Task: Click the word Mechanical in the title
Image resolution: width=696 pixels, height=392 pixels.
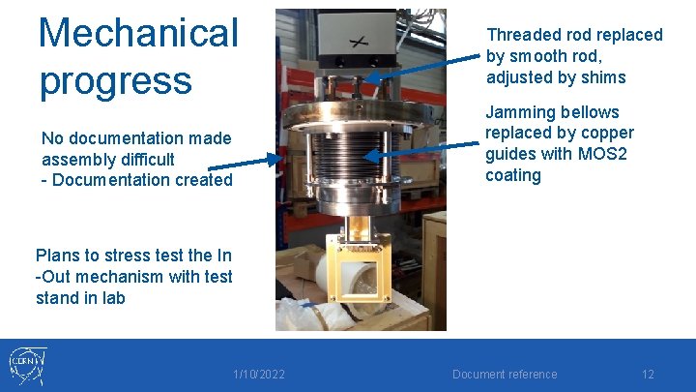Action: pos(137,33)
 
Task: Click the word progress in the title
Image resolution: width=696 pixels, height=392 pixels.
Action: pos(115,79)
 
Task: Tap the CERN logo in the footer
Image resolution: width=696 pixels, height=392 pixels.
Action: pos(28,365)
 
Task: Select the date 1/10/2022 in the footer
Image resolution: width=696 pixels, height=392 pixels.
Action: pos(258,375)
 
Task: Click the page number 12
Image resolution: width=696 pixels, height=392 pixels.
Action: pos(648,375)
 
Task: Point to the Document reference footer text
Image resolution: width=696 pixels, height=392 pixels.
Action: pos(505,375)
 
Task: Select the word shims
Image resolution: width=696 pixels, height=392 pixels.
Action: pos(603,77)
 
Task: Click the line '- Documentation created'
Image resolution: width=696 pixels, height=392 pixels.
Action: pos(136,180)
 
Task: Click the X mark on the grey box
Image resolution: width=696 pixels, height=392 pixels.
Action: pos(359,42)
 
